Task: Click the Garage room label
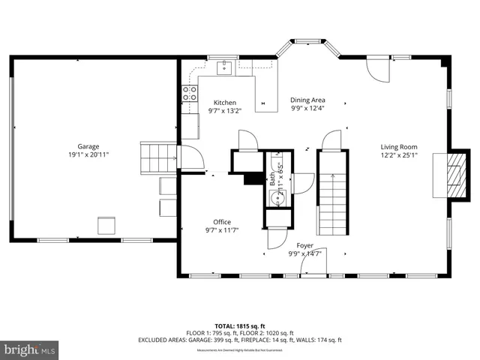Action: coord(88,146)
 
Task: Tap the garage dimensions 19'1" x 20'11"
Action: coord(88,155)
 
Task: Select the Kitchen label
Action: coord(224,103)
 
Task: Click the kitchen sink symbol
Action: coord(223,68)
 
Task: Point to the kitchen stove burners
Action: coord(190,94)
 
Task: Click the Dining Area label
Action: coord(307,100)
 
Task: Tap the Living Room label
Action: coord(398,147)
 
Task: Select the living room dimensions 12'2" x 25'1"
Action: coord(398,156)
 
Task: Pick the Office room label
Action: coord(222,222)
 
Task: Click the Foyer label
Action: coord(304,245)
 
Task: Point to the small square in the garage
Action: coord(106,225)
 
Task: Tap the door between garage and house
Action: coord(189,157)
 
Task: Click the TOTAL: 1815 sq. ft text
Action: coord(240,325)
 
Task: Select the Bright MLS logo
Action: coord(30,349)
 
